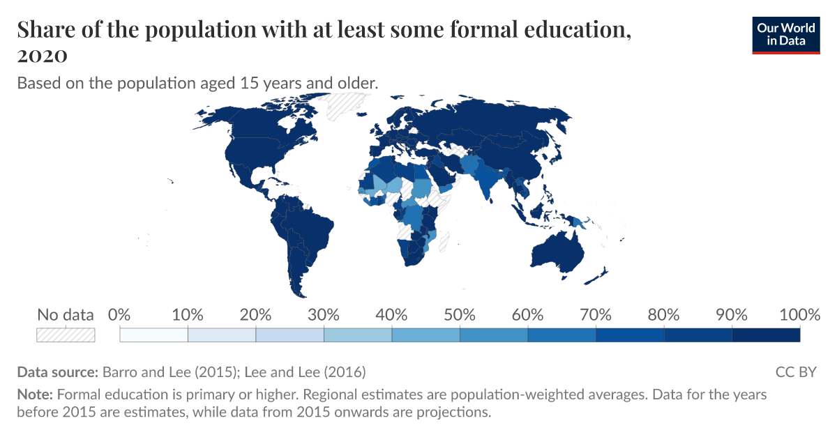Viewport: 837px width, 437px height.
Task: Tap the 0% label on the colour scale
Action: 120,314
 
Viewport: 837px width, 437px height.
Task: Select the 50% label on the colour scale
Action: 460,314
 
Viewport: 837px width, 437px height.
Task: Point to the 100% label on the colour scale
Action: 799,314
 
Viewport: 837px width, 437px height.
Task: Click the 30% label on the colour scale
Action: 324,314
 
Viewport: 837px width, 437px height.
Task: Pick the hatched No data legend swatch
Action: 66,335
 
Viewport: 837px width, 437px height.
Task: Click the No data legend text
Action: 66,315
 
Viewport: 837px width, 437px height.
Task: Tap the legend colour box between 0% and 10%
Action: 154,335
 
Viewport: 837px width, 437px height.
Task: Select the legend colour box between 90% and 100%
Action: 765,335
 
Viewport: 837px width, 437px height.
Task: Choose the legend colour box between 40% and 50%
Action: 425,335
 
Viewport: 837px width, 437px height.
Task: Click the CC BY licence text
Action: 795,371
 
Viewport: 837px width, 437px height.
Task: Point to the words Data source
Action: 58,371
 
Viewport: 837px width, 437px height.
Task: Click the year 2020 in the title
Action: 42,55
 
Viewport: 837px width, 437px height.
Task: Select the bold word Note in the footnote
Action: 33,394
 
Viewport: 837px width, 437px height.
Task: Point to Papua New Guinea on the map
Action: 578,222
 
